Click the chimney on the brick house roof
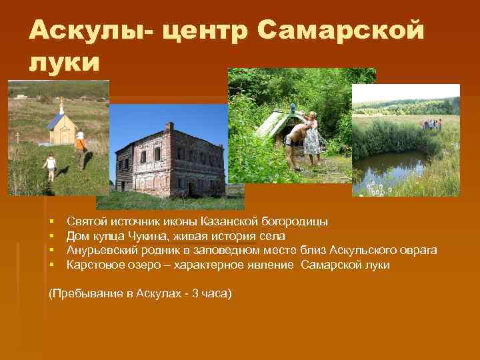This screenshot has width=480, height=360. [x=169, y=126]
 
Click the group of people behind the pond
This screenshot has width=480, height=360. [x=431, y=124]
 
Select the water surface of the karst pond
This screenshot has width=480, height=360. [x=393, y=167]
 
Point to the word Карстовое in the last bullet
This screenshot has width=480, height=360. [x=91, y=265]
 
